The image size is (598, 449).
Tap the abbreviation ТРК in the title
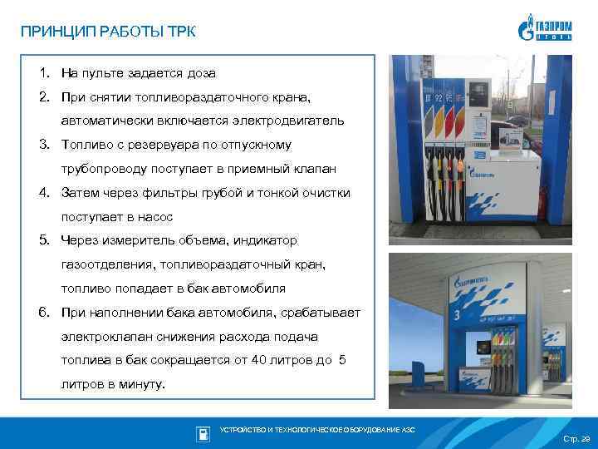tap(183, 32)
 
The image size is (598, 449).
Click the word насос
tap(156, 217)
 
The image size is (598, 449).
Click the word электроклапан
tap(101, 337)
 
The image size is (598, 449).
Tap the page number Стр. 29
tap(576, 438)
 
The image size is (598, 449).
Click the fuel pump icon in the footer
tap(203, 433)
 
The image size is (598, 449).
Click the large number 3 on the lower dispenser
tap(456, 314)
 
